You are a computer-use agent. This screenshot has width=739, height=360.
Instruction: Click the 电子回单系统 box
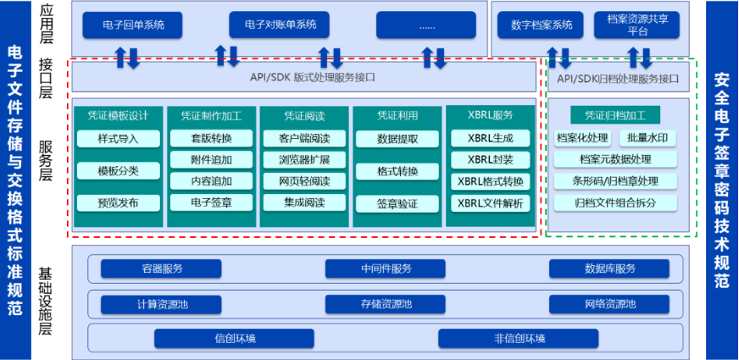tap(134, 25)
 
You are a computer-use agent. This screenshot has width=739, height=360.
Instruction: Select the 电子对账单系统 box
tap(280, 25)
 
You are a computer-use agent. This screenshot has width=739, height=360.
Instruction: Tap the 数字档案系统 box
tap(542, 25)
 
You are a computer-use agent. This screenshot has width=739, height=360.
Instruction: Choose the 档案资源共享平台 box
tap(637, 25)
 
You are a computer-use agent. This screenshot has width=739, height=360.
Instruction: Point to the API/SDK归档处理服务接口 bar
tap(618, 79)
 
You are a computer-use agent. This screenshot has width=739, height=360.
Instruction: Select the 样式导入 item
tap(118, 138)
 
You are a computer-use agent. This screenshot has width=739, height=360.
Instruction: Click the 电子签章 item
tap(211, 202)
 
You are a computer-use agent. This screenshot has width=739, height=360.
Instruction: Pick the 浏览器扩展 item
tap(303, 159)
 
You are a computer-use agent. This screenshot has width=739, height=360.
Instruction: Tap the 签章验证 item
tap(397, 203)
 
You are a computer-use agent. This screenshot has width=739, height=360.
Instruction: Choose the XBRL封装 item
tap(490, 160)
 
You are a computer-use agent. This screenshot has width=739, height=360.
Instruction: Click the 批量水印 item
tap(648, 138)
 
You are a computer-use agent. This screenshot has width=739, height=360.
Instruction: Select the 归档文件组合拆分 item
tap(615, 202)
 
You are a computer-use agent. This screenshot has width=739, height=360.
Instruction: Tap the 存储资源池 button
tap(386, 304)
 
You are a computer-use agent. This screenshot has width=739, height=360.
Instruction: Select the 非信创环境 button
tap(520, 339)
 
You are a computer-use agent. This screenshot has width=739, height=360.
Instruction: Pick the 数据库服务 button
tap(610, 269)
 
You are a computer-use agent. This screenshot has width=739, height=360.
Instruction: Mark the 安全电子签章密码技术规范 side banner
tap(721, 180)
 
